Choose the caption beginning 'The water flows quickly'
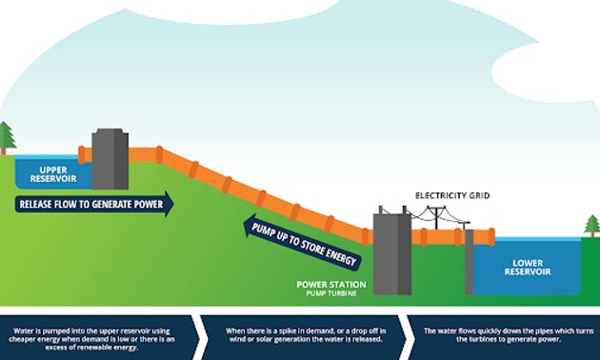tap(500, 334)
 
